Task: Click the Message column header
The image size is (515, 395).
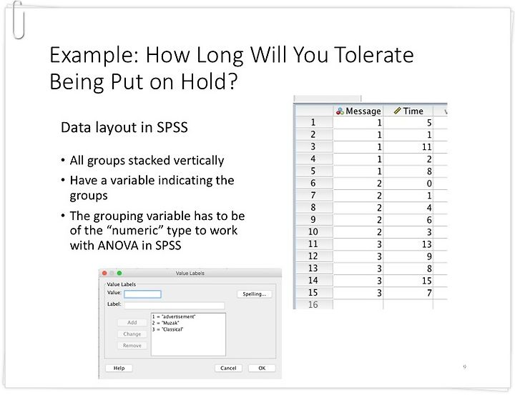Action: tap(358, 111)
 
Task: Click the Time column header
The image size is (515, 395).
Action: tap(408, 111)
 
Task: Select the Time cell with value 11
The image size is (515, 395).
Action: tap(408, 147)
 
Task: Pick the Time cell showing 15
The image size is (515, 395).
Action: tap(408, 281)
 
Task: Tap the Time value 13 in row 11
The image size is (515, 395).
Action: tap(408, 244)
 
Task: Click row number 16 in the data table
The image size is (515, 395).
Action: tap(313, 305)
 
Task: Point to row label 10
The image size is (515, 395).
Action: tap(313, 232)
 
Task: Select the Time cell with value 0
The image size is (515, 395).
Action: tap(408, 184)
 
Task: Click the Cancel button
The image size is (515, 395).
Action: tap(228, 368)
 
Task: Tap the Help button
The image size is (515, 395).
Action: tap(119, 368)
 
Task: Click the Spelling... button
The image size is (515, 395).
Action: tap(255, 294)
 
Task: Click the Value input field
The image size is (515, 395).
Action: tap(142, 294)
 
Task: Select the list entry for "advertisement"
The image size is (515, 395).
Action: tap(174, 316)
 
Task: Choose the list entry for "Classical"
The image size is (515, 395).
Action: tap(167, 329)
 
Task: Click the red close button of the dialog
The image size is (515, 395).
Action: tap(104, 273)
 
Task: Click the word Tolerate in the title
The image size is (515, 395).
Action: tap(373, 55)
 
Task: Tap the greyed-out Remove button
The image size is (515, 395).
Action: tap(132, 346)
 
